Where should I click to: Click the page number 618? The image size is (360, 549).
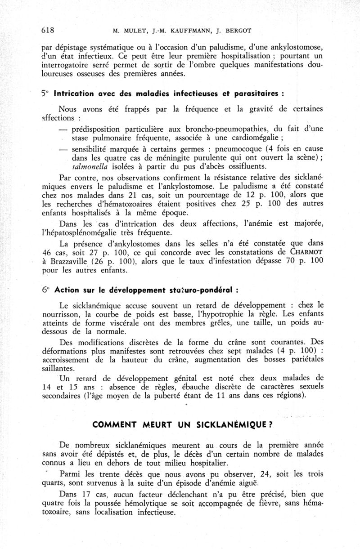pos(47,31)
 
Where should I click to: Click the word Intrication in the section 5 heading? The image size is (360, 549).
pos(74,94)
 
